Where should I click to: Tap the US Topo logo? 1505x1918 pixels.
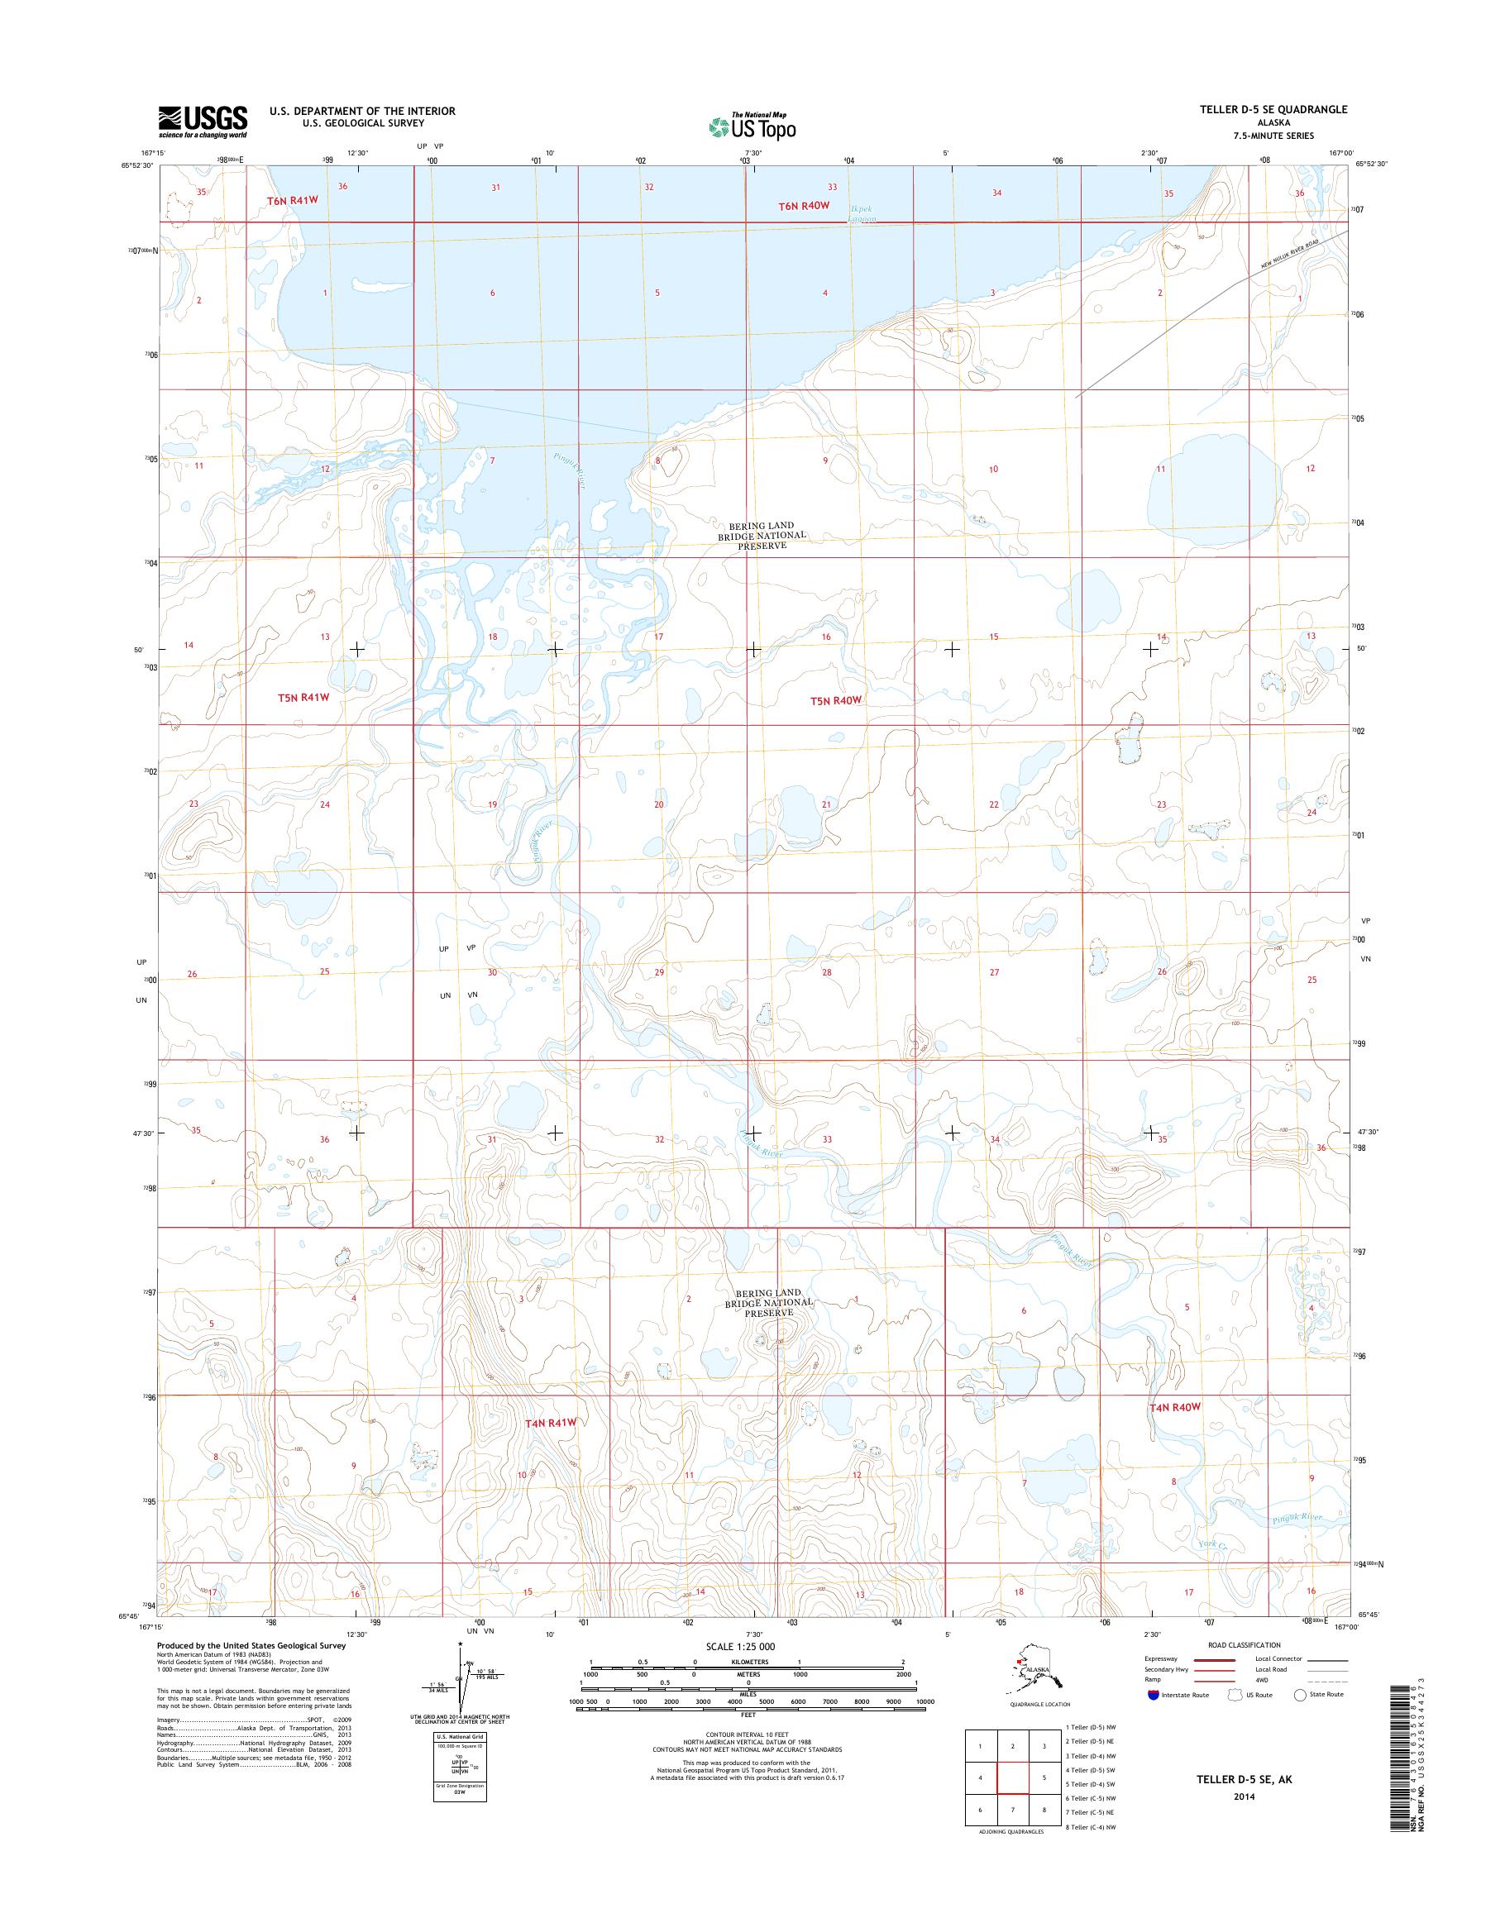[752, 126]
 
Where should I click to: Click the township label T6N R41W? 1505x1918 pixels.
[294, 202]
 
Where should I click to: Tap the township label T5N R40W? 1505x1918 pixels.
[834, 700]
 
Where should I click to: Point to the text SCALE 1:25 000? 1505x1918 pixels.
[739, 1646]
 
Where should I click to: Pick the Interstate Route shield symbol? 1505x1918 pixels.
[1154, 1695]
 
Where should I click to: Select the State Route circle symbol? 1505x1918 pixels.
[1299, 1695]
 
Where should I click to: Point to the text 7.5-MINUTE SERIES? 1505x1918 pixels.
[1273, 136]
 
